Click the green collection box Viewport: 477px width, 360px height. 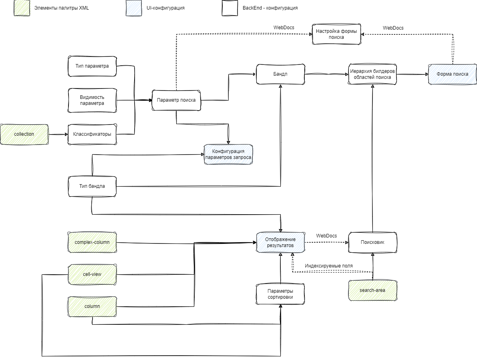coord(24,134)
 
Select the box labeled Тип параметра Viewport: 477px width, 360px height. coord(92,66)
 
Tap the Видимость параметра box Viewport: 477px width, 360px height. coord(92,101)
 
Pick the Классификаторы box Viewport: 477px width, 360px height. coord(92,134)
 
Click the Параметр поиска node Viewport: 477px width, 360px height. coord(176,100)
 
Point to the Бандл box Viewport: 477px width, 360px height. coord(280,74)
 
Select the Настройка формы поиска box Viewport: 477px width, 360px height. coord(336,34)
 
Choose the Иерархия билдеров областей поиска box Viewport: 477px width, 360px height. coord(372,74)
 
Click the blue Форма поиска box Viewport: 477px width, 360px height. coord(452,74)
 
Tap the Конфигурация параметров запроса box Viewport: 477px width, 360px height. coord(228,155)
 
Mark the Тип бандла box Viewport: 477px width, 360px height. coord(92,186)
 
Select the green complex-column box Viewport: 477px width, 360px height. coord(92,242)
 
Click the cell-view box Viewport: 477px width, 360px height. coord(92,274)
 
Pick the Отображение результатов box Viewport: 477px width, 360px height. coord(280,242)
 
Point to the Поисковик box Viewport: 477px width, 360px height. coord(372,242)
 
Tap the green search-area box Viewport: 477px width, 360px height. coord(372,290)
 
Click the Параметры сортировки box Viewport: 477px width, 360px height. coord(280,294)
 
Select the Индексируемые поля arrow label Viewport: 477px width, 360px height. coord(329,266)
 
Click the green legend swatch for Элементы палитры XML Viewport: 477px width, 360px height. coord(22,8)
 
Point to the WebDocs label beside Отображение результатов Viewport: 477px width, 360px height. coord(326,235)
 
